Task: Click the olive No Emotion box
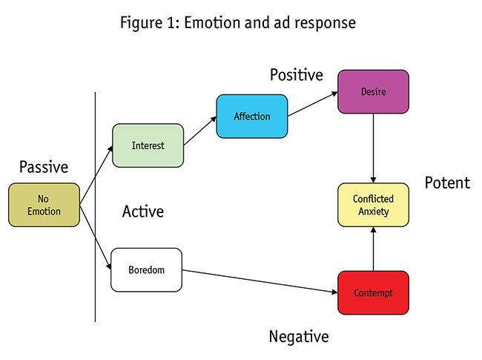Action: [44, 205]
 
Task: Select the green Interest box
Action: [148, 145]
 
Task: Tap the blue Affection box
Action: [251, 116]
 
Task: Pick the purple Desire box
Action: [372, 91]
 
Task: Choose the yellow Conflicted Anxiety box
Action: [372, 205]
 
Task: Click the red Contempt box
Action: [372, 292]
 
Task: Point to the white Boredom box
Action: [146, 269]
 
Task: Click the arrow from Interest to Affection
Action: [199, 131]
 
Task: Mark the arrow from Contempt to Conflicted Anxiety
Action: [373, 249]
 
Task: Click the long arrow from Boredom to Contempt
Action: [260, 281]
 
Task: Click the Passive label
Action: [43, 166]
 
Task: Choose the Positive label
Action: [296, 75]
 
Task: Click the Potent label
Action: [447, 183]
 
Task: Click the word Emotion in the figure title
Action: [205, 23]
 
